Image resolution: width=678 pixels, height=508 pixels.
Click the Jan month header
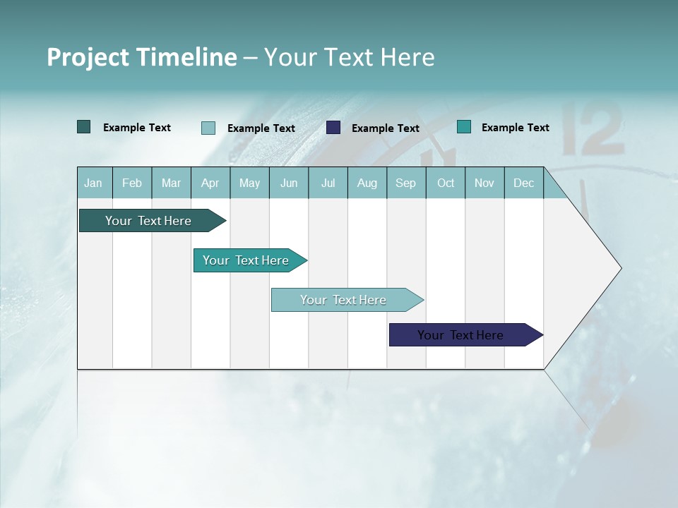[94, 183]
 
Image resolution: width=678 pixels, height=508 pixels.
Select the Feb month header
[132, 183]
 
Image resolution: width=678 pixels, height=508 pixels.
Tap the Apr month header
[210, 183]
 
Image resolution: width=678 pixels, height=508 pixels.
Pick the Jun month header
[289, 183]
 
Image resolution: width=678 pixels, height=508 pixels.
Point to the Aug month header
[367, 183]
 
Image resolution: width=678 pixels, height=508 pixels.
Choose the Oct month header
[446, 183]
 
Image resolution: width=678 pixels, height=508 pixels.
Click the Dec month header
[523, 183]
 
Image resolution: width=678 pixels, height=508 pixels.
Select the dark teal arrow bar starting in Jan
[148, 221]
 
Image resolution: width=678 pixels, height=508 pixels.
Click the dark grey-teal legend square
[84, 127]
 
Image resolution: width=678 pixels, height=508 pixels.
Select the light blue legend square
[208, 128]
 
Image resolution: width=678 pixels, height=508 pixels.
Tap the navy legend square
[333, 128]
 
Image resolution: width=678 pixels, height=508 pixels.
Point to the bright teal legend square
[464, 127]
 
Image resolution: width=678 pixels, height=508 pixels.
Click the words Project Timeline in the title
[141, 57]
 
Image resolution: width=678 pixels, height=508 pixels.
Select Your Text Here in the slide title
[350, 57]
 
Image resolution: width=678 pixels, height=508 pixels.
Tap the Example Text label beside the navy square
[385, 128]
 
